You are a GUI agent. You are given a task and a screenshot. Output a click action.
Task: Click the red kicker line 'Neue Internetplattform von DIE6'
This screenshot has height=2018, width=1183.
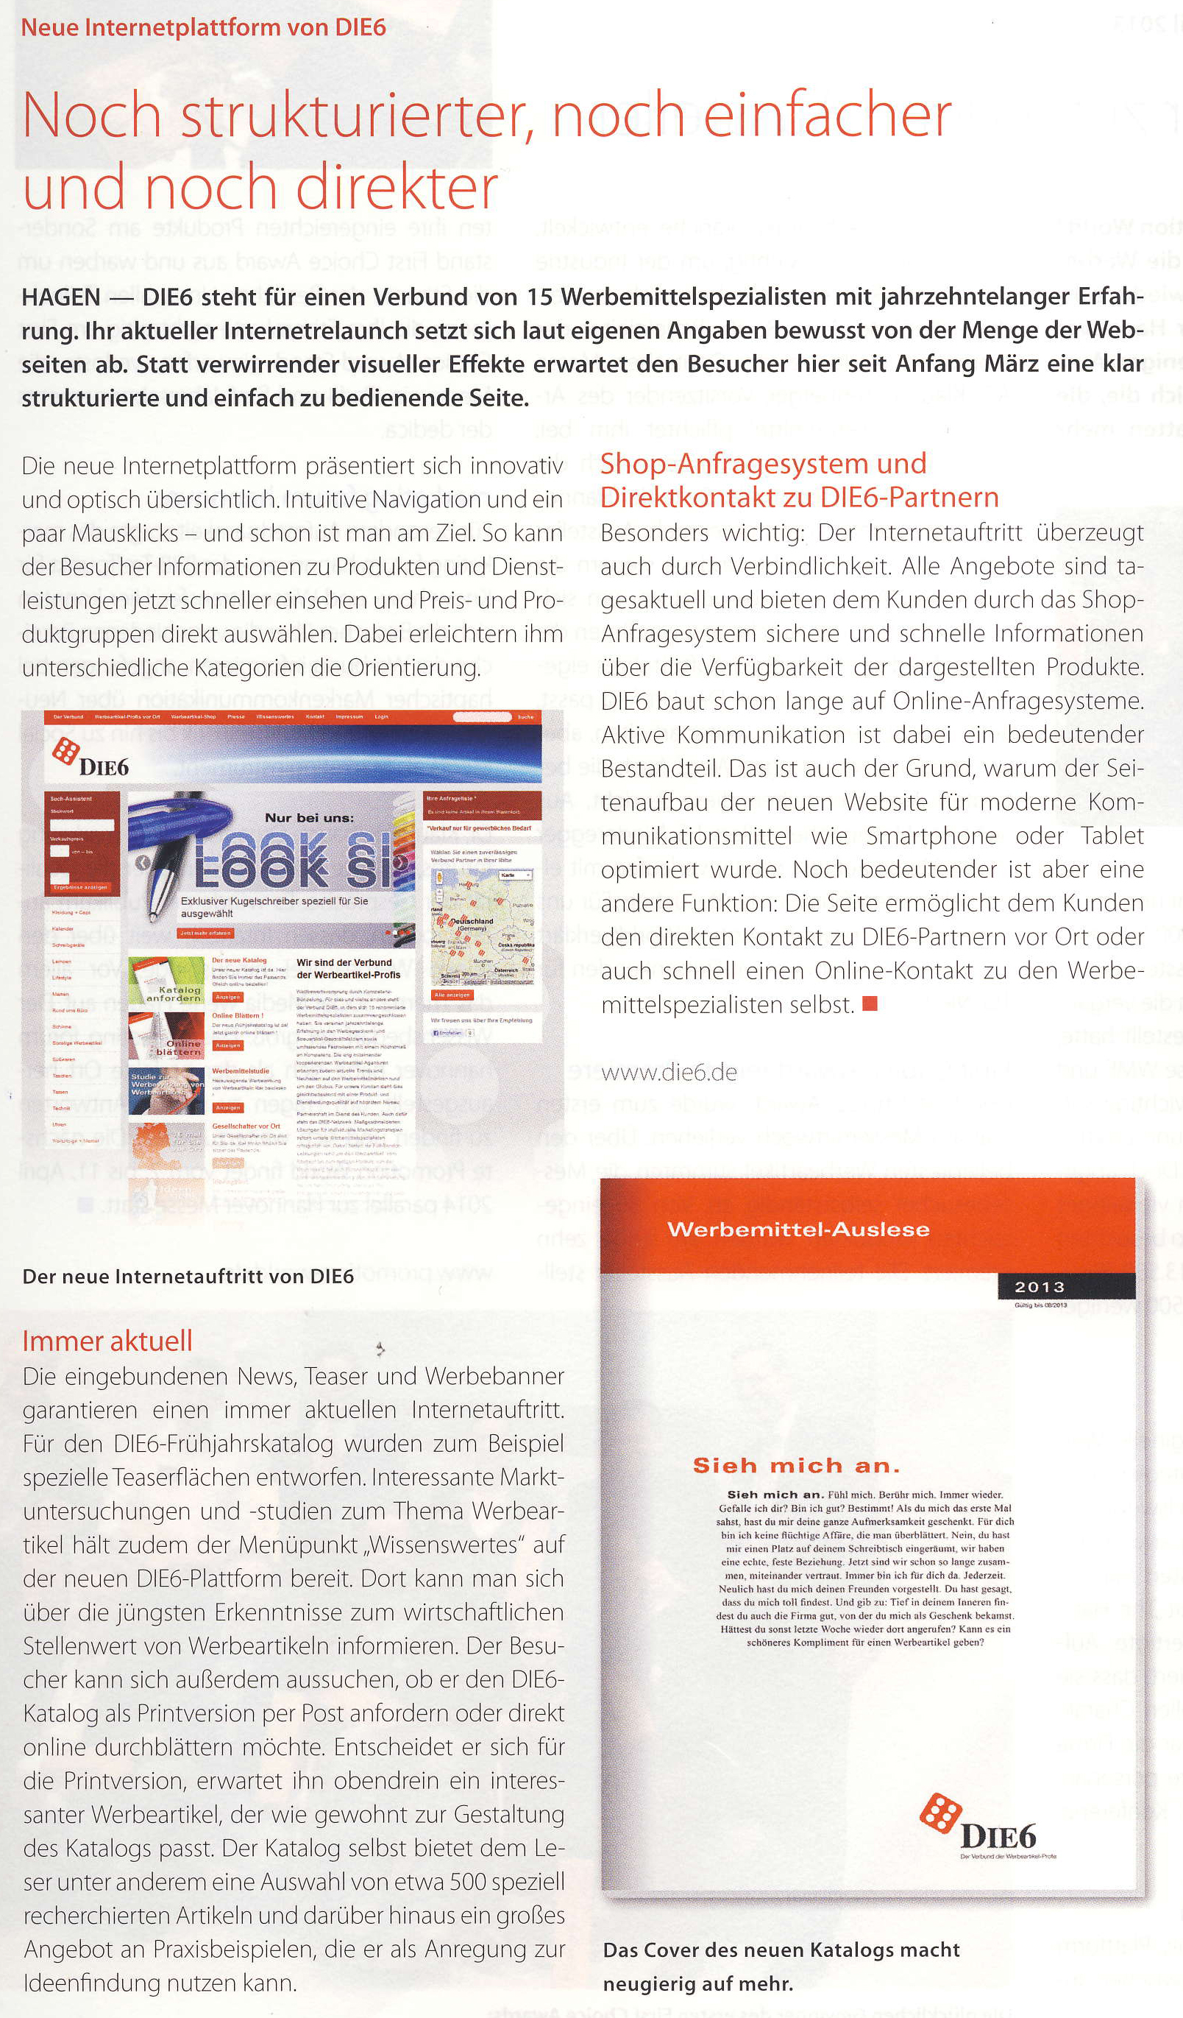tap(203, 27)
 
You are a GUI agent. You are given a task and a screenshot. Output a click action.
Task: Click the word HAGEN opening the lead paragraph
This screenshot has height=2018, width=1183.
tap(61, 297)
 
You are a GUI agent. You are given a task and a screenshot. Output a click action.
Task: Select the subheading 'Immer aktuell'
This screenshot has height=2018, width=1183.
tap(107, 1341)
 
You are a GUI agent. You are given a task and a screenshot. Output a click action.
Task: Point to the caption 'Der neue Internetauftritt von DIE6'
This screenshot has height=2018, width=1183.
tap(188, 1276)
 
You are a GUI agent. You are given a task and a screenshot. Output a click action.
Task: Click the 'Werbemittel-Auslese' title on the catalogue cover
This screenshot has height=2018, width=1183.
tap(798, 1230)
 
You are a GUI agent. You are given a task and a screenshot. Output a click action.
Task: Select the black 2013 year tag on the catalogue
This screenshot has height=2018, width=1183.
tap(1040, 1287)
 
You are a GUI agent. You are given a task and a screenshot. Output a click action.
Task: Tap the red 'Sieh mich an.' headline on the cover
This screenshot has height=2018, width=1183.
tap(797, 1467)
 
